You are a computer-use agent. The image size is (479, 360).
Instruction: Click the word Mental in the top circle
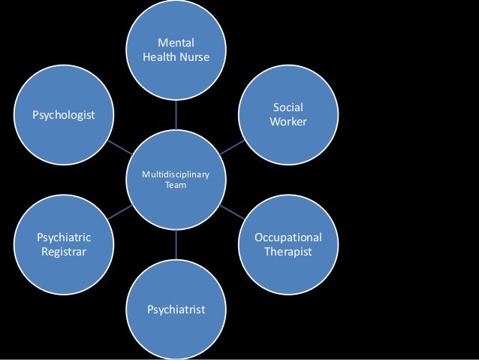(176, 43)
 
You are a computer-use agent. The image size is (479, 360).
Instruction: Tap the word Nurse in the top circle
(194, 56)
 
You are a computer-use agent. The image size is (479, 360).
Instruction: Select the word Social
(288, 107)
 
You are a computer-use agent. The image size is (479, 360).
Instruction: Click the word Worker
(288, 121)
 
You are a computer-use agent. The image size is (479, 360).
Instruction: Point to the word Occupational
(288, 237)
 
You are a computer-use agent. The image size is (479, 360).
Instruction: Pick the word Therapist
(288, 251)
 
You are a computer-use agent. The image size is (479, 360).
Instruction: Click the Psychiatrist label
(176, 309)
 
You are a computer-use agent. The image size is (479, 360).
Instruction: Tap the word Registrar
(64, 251)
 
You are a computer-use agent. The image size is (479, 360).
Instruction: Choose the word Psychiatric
(64, 237)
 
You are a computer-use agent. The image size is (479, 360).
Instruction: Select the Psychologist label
(63, 114)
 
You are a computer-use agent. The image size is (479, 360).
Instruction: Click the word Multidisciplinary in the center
(176, 175)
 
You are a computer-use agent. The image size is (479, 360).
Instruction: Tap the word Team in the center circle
(176, 186)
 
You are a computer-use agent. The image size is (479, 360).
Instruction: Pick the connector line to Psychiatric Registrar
(119, 213)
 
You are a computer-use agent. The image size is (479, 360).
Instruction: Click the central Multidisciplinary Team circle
(176, 200)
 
